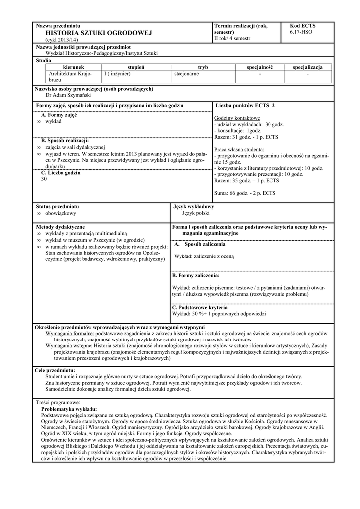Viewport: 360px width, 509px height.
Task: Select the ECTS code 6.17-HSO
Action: tap(302, 32)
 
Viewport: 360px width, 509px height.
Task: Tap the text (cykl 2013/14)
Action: tap(59, 39)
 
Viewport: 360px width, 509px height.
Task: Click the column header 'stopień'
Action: tap(136, 67)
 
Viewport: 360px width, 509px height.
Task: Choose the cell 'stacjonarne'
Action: tap(186, 73)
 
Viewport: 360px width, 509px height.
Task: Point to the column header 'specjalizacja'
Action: tap(308, 67)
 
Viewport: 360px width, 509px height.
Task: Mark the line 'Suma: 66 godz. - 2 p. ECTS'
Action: tap(245, 193)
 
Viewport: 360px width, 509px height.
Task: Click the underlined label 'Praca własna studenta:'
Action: tap(239, 149)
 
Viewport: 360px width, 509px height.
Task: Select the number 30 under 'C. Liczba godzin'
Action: tap(44, 179)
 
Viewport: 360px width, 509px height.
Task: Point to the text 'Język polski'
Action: tap(196, 213)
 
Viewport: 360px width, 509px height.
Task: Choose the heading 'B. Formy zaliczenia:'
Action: tap(196, 275)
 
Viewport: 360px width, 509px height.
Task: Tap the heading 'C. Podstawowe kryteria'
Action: tap(199, 308)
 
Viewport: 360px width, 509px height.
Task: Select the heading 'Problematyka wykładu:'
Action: tap(69, 408)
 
